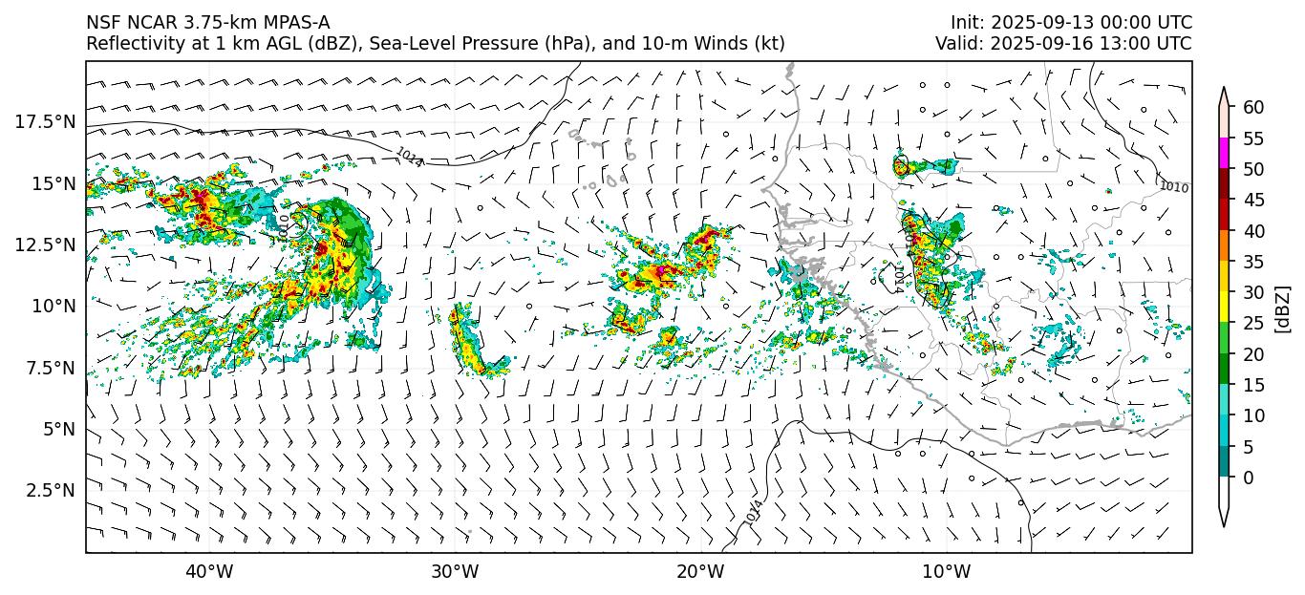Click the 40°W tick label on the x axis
pos(208,572)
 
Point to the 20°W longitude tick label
pos(700,572)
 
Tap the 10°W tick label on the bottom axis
pos(947,572)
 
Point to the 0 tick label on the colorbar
pos(1249,478)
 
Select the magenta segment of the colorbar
pos(1224,154)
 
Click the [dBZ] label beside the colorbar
pos(1283,308)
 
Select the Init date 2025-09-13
pos(1033,23)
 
